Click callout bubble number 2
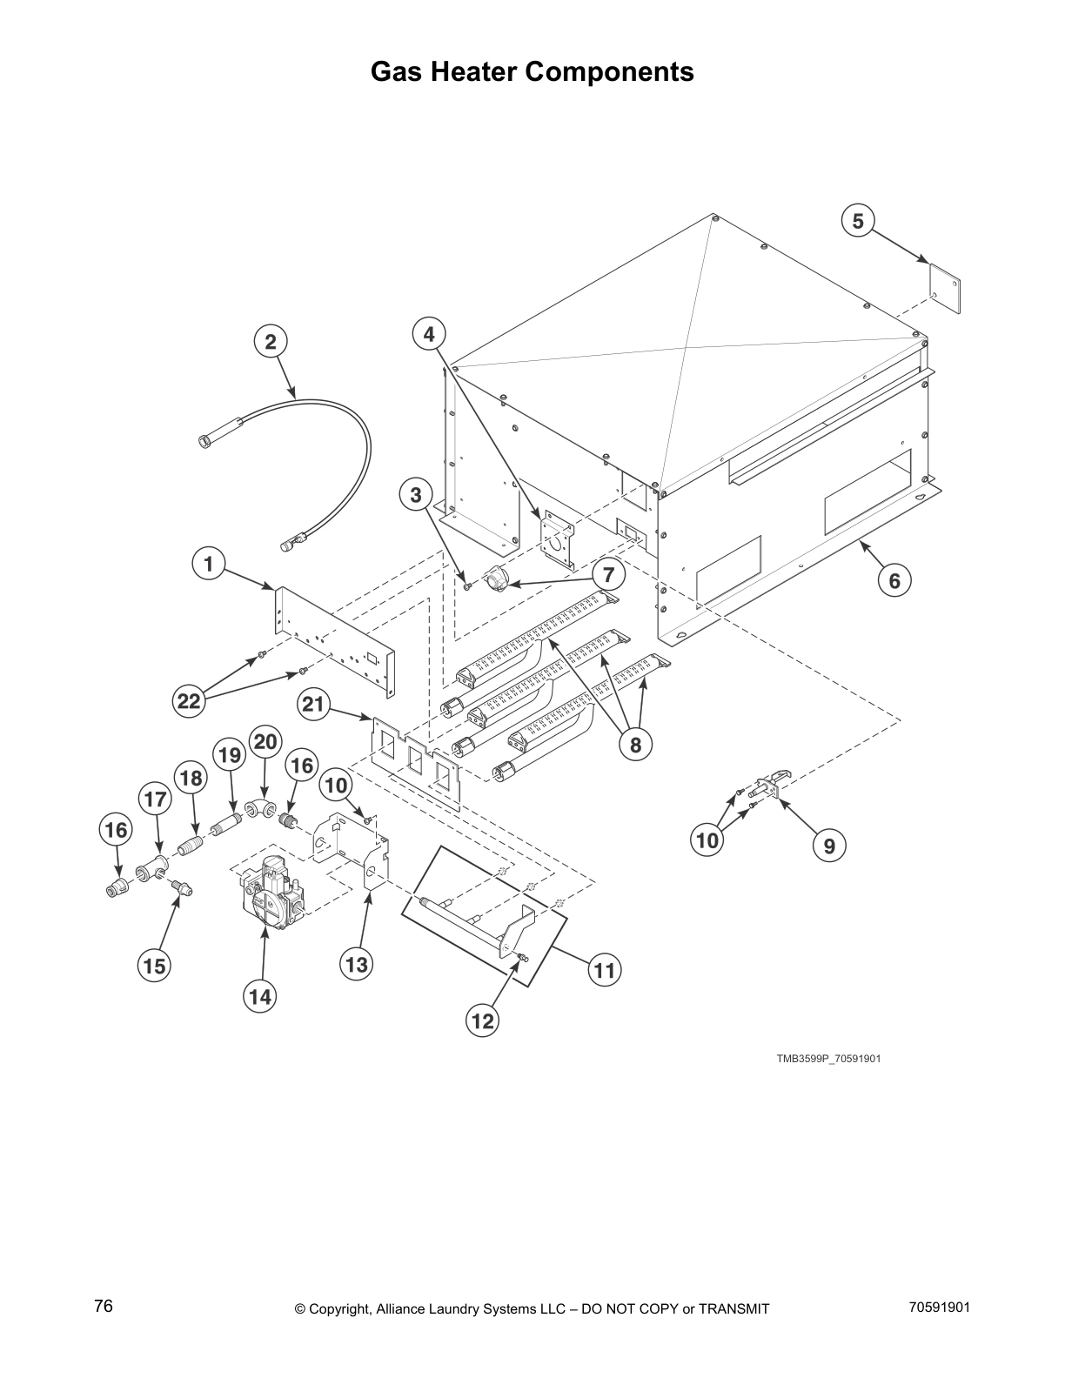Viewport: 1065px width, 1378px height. click(271, 342)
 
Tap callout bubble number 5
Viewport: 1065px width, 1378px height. click(858, 221)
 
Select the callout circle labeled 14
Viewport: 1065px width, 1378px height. click(260, 997)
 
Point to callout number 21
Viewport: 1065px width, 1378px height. click(313, 704)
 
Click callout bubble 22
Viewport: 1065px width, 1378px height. click(190, 701)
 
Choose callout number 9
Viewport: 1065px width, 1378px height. click(829, 845)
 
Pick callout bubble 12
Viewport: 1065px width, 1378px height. click(482, 1020)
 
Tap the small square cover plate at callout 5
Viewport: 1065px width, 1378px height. click(945, 293)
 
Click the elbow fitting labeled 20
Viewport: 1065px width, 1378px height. click(258, 808)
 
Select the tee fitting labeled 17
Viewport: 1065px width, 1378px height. click(154, 867)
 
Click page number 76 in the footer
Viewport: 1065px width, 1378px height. click(104, 1307)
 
